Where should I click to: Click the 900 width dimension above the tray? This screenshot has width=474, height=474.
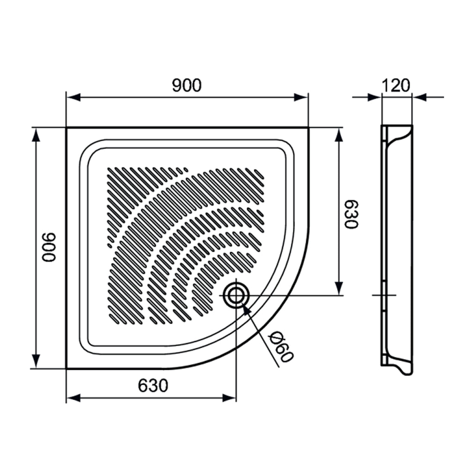point(187,85)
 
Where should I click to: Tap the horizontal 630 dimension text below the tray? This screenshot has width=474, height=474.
point(153,386)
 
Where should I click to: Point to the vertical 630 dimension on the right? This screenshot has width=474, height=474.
point(351,214)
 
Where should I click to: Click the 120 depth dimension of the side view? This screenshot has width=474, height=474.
point(397,85)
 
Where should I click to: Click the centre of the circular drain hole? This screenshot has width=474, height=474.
point(236,295)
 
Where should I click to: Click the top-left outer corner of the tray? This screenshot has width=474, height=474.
point(67,128)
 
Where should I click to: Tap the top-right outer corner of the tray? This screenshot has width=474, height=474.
point(308,128)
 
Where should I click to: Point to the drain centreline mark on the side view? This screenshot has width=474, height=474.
point(384,295)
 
